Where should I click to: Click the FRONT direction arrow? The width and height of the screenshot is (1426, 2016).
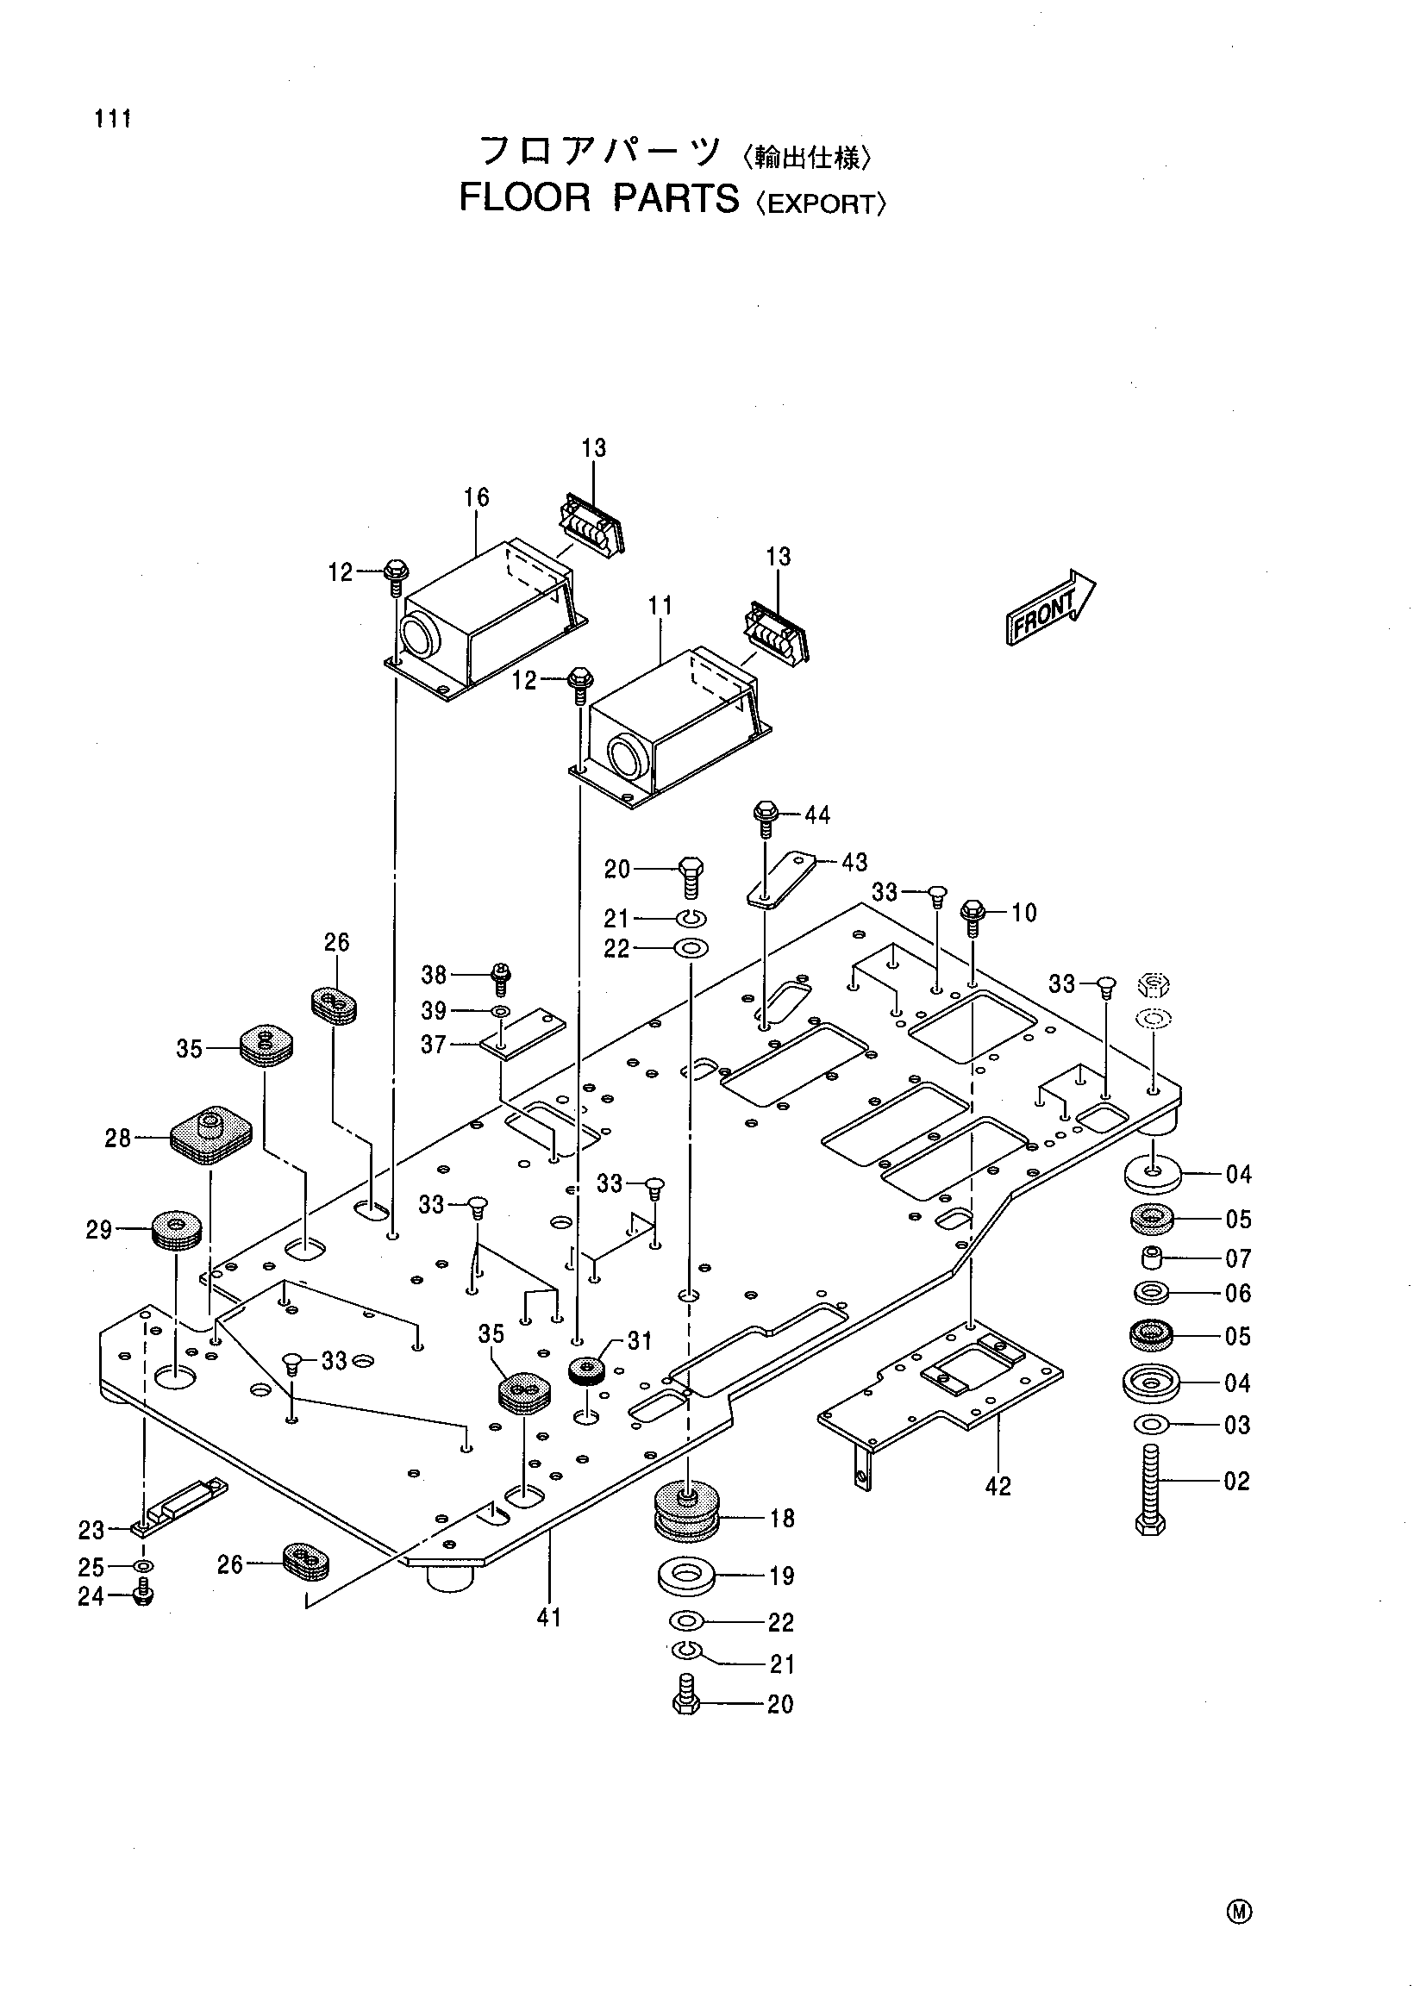(1050, 607)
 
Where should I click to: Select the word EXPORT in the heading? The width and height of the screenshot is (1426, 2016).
(822, 204)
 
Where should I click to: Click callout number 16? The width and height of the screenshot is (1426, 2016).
(476, 497)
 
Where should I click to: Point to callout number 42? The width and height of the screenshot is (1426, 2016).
(998, 1486)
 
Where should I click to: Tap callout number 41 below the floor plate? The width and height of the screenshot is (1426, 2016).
(549, 1616)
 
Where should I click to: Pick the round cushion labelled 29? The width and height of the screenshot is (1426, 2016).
(178, 1230)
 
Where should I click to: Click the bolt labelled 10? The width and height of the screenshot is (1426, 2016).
(973, 918)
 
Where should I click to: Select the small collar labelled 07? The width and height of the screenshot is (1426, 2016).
(1152, 1259)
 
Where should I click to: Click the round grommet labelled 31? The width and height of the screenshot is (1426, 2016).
(585, 1369)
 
